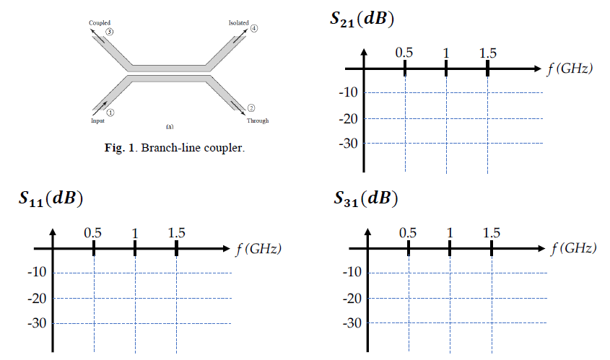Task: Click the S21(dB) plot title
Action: [361, 19]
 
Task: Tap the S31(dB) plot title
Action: [366, 198]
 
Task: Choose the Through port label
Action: [258, 120]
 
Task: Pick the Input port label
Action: [97, 120]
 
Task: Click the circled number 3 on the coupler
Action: [109, 32]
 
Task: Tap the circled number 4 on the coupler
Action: [253, 29]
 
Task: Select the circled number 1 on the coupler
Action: [110, 112]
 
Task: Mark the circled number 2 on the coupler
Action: [250, 107]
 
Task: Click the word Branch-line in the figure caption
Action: [160, 149]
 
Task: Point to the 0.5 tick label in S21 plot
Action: [404, 53]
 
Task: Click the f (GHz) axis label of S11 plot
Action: [258, 249]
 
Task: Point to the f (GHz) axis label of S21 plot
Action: [570, 69]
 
